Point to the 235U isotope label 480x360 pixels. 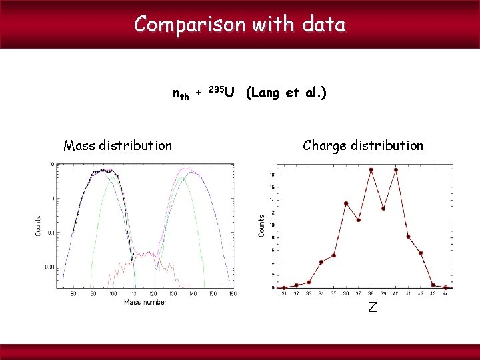pos(221,92)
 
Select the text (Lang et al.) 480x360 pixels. pos(286,93)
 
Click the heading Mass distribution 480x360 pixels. pos(117,145)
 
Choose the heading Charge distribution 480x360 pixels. pos(363,145)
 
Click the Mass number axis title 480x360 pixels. pos(145,302)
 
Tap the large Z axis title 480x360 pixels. pos(373,307)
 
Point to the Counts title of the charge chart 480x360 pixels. pos(262,224)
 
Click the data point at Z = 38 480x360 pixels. pos(371,169)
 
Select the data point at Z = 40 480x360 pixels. pos(395,169)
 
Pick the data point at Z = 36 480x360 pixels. pos(346,203)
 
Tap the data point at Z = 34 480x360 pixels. pos(321,262)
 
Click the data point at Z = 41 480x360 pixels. pos(408,237)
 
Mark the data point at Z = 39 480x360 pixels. pos(383,208)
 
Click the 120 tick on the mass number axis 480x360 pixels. pos(153,294)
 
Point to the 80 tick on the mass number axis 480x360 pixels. pos(73,294)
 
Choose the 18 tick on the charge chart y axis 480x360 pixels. pos(272,175)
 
